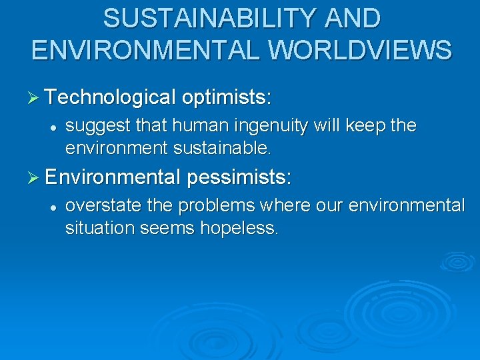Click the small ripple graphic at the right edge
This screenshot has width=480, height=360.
point(457,261)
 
